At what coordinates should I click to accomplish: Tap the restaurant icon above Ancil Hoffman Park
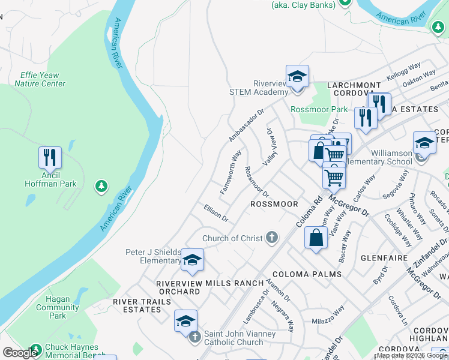point(50,158)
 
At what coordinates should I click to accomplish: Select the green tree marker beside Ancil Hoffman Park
point(101,187)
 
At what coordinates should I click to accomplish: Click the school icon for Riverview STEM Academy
point(297,76)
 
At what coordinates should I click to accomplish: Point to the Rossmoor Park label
point(319,109)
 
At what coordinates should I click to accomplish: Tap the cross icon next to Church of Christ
point(272,238)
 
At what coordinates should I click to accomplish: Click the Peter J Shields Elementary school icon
point(192,260)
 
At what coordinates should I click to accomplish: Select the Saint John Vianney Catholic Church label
point(240,338)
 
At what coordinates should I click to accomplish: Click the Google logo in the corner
point(20,353)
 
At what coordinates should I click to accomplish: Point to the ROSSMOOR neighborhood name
point(274,204)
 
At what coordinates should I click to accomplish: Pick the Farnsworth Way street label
point(231,172)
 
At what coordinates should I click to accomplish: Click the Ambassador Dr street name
point(246,125)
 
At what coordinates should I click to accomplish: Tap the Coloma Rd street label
point(309,212)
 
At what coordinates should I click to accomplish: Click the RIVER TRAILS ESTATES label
point(138,305)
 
